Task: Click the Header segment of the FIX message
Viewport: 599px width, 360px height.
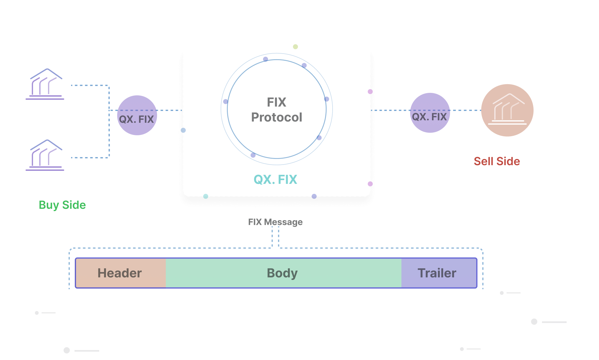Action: coord(120,273)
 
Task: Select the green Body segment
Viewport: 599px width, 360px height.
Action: coord(283,273)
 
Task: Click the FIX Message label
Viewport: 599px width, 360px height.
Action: coord(275,222)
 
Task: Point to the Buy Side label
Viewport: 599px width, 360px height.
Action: coord(62,205)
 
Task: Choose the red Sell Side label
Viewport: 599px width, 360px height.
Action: coord(497,161)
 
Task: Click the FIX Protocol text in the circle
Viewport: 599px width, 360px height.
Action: coord(276,110)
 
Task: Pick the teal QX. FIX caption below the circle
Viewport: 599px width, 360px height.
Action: coord(275,180)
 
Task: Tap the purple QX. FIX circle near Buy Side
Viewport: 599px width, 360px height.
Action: coord(137,116)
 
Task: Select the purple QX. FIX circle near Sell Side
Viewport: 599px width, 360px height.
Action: coord(430,113)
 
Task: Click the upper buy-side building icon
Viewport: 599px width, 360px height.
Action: coord(45,84)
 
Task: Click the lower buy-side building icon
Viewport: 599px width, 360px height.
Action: coord(45,155)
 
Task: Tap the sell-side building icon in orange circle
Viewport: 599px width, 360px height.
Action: coord(507,110)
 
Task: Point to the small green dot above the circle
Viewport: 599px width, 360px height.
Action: coord(295,47)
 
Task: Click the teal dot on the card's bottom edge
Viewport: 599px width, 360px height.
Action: coord(206,196)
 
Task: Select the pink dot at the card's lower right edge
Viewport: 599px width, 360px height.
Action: coord(370,184)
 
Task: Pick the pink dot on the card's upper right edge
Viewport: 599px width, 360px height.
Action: coord(370,92)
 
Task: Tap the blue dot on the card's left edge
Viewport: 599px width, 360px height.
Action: coord(183,130)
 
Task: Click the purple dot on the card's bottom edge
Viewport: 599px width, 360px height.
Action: coord(314,196)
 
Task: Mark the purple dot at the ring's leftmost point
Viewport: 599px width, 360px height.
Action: coord(226,102)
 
